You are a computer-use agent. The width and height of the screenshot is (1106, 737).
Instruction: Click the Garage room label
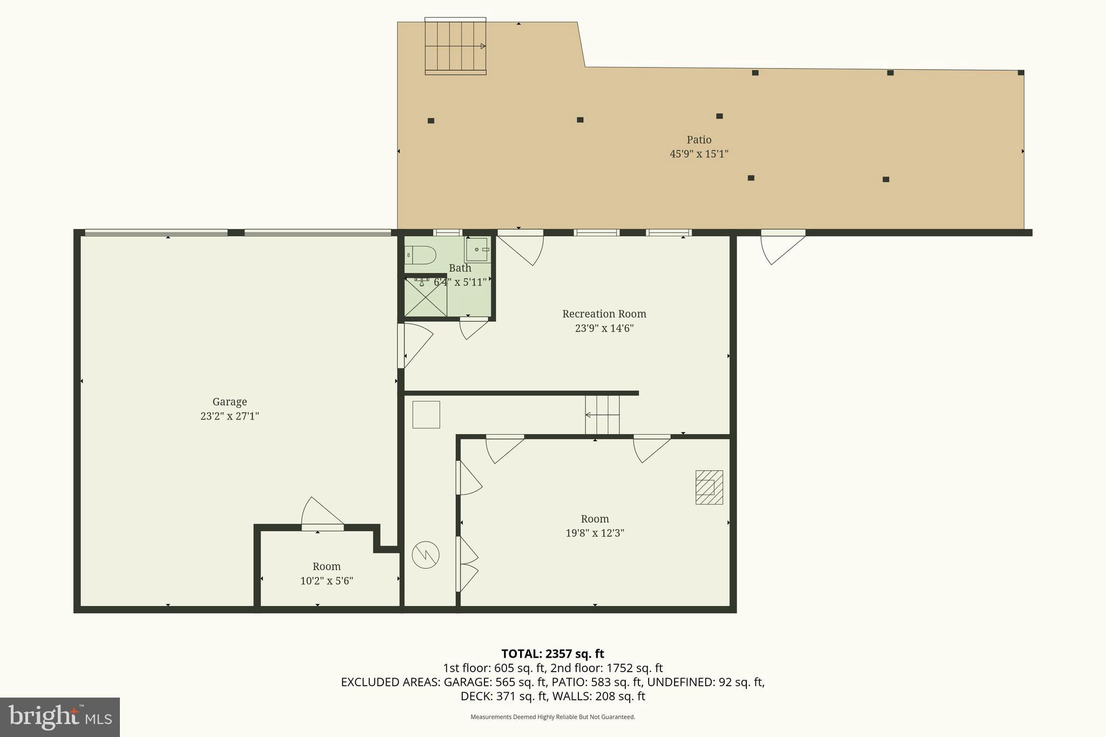click(230, 402)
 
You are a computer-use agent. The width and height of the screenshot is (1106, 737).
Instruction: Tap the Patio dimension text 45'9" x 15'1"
click(699, 154)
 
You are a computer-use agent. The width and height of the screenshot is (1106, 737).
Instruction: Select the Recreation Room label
click(604, 314)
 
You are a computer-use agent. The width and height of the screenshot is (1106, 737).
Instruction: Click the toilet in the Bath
click(421, 255)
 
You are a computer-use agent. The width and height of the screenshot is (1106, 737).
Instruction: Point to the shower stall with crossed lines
click(426, 297)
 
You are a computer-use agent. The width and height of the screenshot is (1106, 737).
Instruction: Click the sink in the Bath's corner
click(477, 249)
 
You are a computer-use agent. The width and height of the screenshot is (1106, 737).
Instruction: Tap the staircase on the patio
click(455, 46)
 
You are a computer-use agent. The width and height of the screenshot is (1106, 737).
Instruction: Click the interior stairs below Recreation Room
click(602, 415)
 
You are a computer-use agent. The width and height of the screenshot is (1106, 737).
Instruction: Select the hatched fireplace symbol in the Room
click(709, 487)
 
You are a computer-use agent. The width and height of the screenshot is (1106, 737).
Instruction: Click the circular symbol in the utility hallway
click(426, 555)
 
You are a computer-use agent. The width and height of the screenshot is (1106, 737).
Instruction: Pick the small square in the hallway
click(426, 415)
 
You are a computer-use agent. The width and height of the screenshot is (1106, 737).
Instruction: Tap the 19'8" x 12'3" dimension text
click(595, 533)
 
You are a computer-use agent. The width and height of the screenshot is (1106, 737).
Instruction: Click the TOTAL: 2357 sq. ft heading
click(552, 654)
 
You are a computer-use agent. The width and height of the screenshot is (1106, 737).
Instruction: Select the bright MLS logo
click(59, 717)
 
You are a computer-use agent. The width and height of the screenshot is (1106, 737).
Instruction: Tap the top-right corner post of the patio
click(1021, 72)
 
